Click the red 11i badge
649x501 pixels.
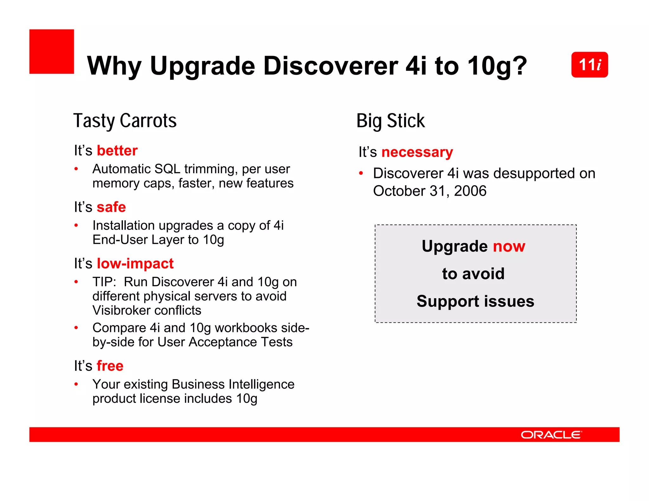[589, 65]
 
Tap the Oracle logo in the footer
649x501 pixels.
[551, 434]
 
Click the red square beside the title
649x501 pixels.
[52, 52]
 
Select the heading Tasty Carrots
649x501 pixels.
[125, 121]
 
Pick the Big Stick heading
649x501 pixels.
[390, 121]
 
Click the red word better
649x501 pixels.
[117, 150]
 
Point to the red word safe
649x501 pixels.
[111, 207]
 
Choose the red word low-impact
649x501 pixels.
[135, 263]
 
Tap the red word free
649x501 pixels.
[110, 366]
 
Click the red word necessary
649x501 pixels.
[417, 152]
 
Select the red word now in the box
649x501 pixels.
[509, 246]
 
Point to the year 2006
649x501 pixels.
[470, 191]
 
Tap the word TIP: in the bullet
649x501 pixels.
[104, 282]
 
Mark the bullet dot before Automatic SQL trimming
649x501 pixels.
[76, 169]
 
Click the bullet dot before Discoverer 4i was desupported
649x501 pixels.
[361, 173]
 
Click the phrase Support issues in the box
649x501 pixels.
[475, 301]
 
